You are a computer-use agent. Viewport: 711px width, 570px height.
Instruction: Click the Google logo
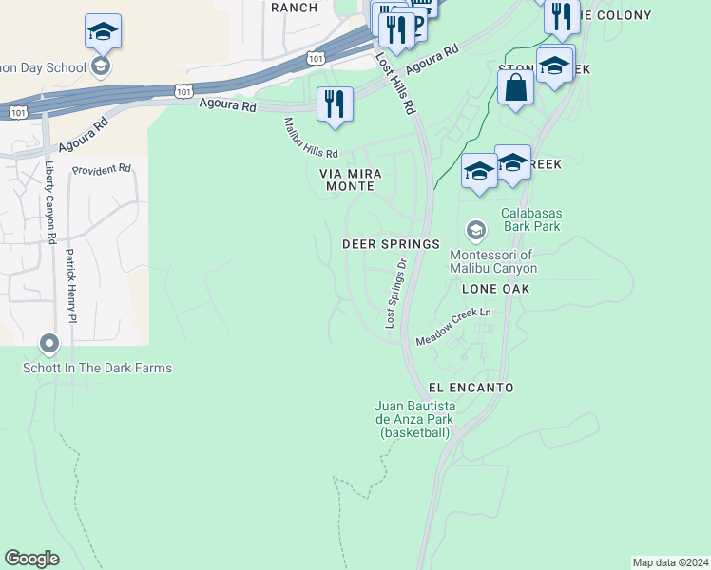coord(32,559)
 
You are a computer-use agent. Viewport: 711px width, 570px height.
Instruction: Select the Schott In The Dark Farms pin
coord(49,344)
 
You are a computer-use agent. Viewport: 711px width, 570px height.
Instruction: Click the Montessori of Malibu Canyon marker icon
coord(475,231)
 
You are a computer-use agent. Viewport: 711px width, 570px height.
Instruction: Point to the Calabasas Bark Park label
coord(530,219)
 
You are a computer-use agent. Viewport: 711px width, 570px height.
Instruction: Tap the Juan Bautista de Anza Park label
coord(414,419)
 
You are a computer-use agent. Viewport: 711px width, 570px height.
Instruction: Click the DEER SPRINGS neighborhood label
coord(391,244)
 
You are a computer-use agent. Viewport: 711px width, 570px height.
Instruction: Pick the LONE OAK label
coord(494,288)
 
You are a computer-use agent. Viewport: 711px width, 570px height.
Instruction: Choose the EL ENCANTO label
coord(471,388)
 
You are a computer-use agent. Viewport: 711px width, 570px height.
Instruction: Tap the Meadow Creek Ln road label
coord(452,326)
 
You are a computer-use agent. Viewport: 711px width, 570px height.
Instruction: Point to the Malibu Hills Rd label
coord(311,139)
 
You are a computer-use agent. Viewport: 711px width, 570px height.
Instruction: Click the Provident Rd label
coord(101,169)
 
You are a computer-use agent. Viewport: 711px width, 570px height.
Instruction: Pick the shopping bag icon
coord(515,87)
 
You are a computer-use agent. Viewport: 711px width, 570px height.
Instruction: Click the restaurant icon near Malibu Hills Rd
coord(335,104)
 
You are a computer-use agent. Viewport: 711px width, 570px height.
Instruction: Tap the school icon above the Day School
coord(103,32)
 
